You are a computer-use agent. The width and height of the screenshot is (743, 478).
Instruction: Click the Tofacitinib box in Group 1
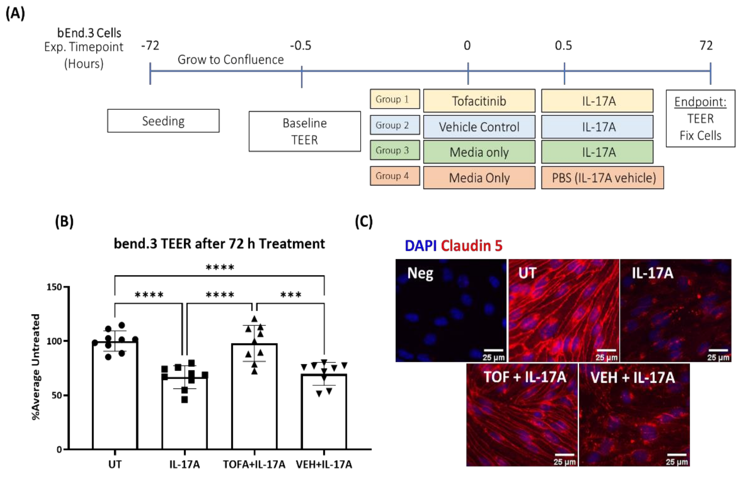point(479,101)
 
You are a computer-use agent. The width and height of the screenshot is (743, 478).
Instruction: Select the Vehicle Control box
point(479,127)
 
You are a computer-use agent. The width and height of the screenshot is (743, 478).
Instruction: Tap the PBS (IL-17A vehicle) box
point(602,178)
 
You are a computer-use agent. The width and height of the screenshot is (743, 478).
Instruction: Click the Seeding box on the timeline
point(163,121)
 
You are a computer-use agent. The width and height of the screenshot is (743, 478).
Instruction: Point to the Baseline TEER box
point(305,131)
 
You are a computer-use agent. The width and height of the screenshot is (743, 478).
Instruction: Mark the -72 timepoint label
point(150,46)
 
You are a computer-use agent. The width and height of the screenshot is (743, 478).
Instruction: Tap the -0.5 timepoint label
point(300,46)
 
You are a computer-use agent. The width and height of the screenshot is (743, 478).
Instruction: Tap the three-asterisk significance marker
point(291,294)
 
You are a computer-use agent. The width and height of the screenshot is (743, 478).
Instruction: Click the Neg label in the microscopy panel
point(420,273)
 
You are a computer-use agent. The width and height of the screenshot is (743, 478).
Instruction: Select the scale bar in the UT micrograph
point(606,350)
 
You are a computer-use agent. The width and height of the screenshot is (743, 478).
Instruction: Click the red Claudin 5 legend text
point(471,246)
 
